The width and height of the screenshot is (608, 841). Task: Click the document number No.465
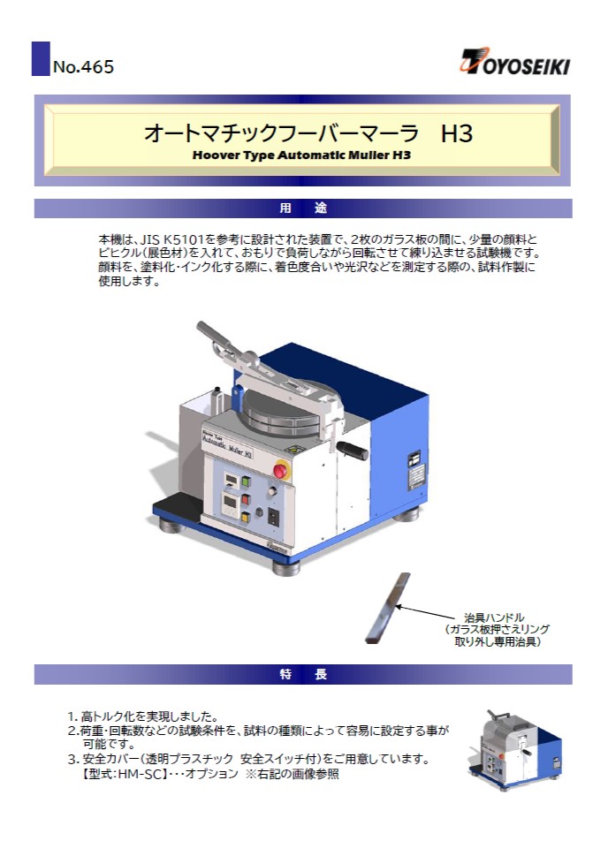83,66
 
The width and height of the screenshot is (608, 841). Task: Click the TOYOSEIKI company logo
514,61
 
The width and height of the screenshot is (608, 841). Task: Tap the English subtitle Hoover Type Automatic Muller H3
301,155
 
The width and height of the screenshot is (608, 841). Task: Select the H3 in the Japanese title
456,133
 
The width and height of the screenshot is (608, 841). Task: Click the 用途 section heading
303,208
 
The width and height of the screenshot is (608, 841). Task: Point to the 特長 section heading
303,674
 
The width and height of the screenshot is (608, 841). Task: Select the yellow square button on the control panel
246,517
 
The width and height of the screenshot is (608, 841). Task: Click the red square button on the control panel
246,499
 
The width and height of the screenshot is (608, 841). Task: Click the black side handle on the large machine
353,451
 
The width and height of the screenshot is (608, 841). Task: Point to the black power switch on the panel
273,516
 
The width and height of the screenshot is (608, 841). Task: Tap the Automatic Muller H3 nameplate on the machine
227,444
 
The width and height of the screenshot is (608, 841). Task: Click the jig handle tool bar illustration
387,608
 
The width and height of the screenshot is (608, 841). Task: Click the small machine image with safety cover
514,749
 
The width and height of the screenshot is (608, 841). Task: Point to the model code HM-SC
138,774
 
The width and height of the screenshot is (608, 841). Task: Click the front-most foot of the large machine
286,567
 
